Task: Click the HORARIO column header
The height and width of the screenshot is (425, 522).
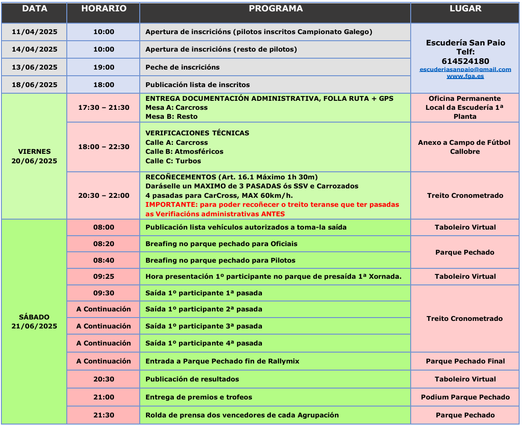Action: click(103, 9)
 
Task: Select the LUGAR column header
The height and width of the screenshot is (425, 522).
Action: click(465, 9)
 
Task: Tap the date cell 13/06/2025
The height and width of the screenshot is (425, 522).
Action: click(34, 67)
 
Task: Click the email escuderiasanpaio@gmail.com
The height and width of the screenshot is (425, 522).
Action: click(465, 69)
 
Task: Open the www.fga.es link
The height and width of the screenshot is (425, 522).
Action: click(465, 76)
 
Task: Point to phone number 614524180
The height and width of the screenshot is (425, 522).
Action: click(465, 61)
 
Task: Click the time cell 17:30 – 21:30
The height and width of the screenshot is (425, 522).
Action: click(103, 107)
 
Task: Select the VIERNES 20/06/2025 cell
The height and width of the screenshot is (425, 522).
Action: click(34, 156)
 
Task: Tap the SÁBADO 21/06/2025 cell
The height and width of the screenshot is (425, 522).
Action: click(34, 321)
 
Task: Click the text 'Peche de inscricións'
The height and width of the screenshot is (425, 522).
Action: click(182, 67)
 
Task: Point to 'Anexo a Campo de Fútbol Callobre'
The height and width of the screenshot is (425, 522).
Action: click(464, 147)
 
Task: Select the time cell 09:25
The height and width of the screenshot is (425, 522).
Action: click(103, 276)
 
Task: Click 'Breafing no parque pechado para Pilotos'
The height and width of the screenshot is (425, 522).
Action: click(220, 260)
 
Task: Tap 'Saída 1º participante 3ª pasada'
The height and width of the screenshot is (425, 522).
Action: click(204, 326)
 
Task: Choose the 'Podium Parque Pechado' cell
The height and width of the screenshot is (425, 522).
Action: click(465, 397)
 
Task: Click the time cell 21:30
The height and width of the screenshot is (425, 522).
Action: click(103, 415)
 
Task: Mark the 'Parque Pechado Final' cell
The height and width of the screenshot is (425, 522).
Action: click(465, 361)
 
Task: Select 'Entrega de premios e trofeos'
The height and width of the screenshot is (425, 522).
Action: click(198, 397)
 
